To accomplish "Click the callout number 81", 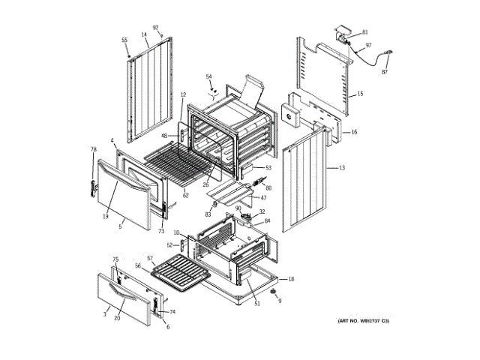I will click(365, 32).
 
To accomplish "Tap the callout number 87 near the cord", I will click(385, 72).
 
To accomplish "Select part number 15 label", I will click(360, 94).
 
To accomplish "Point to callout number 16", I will click(354, 132).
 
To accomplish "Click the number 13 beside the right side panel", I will click(342, 168).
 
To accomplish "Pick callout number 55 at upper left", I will click(125, 40).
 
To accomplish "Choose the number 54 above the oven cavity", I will click(209, 76).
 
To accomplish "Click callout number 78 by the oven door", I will click(94, 149).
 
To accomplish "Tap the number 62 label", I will click(185, 195).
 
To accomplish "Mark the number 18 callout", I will click(291, 279).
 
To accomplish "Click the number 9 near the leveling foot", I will click(280, 301).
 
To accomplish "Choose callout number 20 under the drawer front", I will click(116, 318).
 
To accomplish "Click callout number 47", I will click(263, 198).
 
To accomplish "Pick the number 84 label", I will click(267, 221).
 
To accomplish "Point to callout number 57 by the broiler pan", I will click(149, 259).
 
